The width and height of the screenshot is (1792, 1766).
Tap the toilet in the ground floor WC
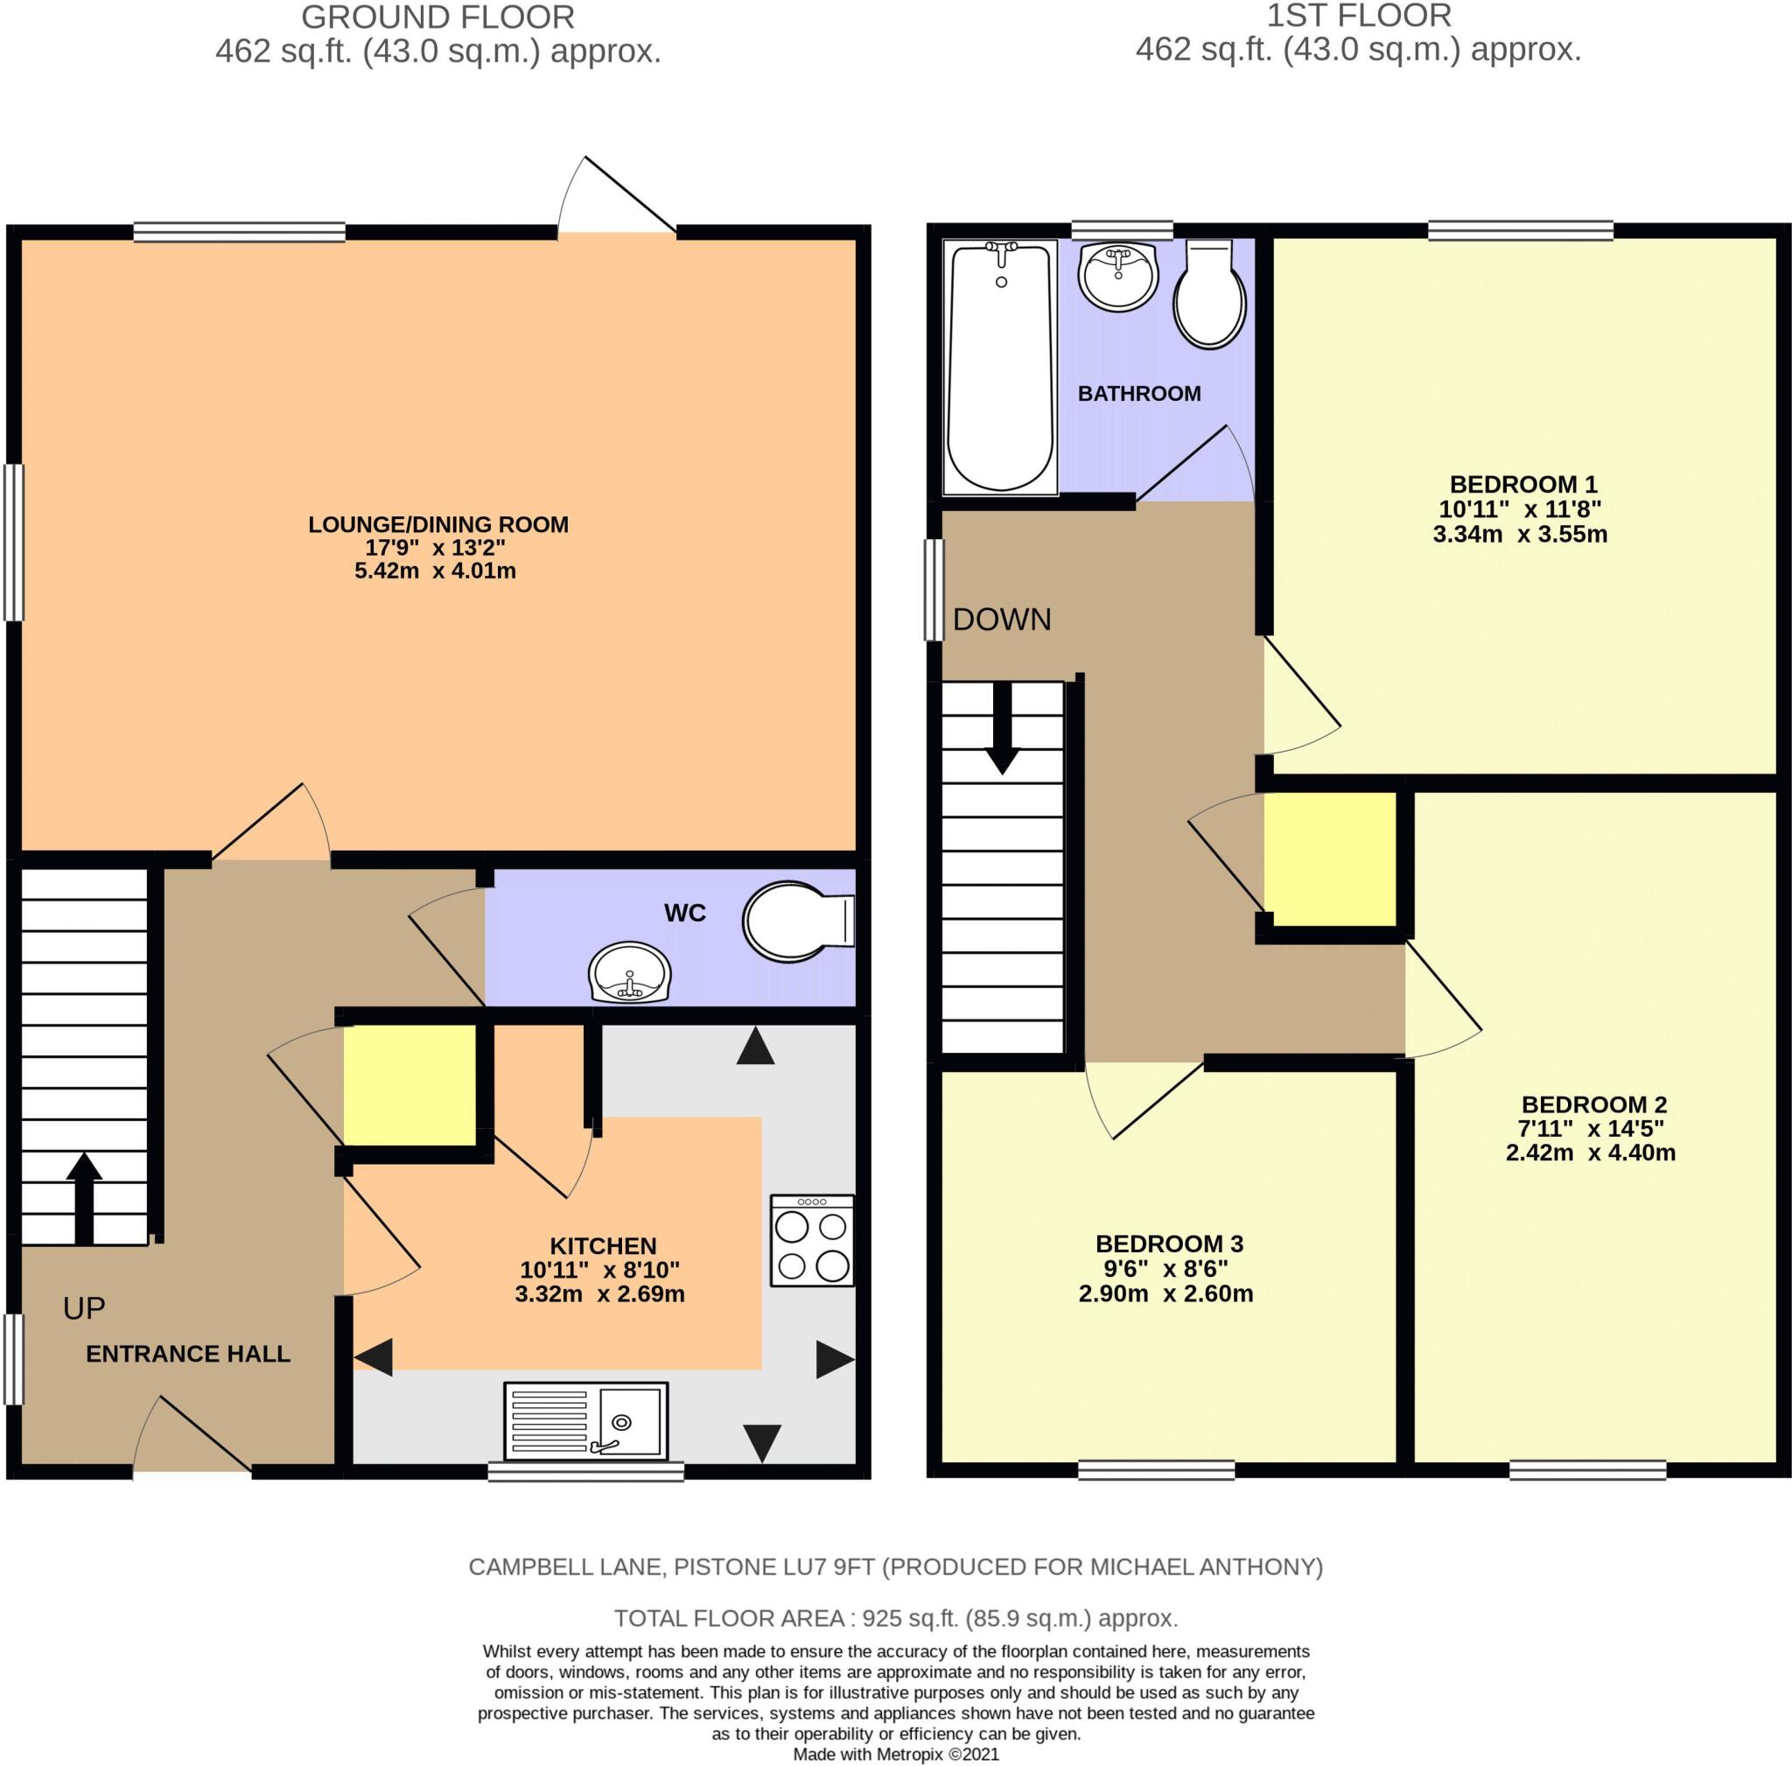(794, 921)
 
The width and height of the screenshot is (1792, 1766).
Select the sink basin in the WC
(630, 974)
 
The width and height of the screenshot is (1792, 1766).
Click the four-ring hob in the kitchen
(812, 1240)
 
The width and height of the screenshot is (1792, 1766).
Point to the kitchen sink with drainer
(585, 1421)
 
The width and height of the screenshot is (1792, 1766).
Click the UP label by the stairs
(83, 1308)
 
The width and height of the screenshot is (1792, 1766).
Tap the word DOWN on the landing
(1002, 620)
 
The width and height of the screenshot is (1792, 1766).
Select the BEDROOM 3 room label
(1169, 1244)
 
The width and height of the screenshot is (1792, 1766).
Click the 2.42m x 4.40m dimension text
(1590, 1153)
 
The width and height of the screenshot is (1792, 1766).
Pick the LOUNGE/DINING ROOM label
(437, 524)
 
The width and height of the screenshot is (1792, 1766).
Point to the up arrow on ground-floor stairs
(83, 1196)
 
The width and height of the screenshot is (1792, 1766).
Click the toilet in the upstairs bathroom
(1208, 297)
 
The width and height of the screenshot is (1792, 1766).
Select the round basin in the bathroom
(1118, 277)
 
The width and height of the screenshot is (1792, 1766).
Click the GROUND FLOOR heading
(437, 18)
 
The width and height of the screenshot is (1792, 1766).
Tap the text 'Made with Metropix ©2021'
(896, 1754)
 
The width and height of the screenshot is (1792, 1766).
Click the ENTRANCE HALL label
(188, 1354)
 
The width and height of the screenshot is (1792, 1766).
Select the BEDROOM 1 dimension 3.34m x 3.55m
(1519, 534)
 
